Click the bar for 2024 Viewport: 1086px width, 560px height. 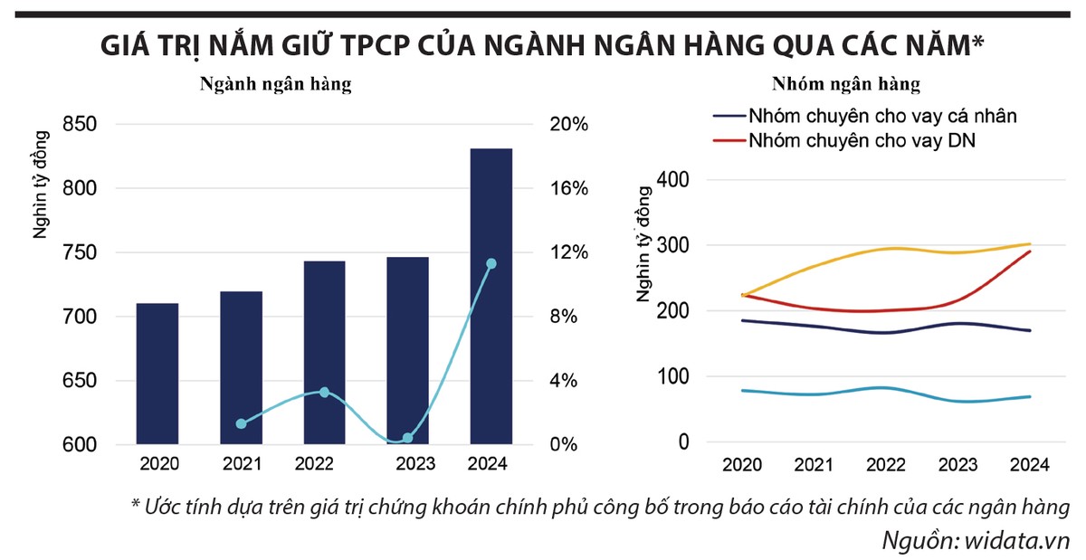(491, 296)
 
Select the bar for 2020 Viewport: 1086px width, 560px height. (157, 374)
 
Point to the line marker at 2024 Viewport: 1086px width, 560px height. (491, 264)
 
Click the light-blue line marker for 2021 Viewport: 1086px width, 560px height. (241, 423)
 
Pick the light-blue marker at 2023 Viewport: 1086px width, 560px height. (407, 438)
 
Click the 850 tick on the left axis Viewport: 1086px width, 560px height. (80, 125)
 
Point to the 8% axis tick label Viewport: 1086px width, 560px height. (567, 317)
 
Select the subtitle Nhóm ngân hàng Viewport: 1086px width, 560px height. (845, 85)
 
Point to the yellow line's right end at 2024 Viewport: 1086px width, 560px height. (1029, 243)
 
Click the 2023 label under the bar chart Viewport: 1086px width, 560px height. (407, 464)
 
